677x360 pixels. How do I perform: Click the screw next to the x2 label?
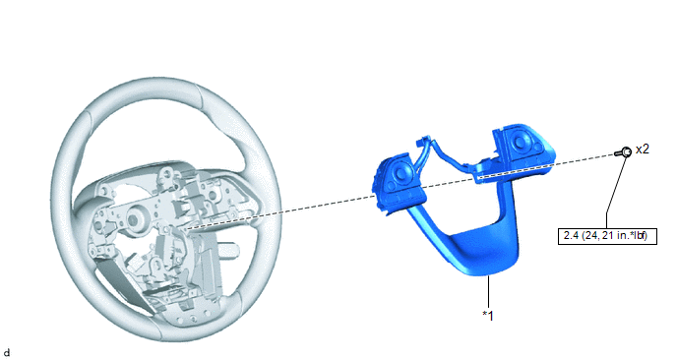624,151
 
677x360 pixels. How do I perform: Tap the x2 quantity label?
642,149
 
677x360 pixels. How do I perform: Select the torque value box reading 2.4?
607,236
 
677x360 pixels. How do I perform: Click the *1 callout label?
488,316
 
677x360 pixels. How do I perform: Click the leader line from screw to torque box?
615,193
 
